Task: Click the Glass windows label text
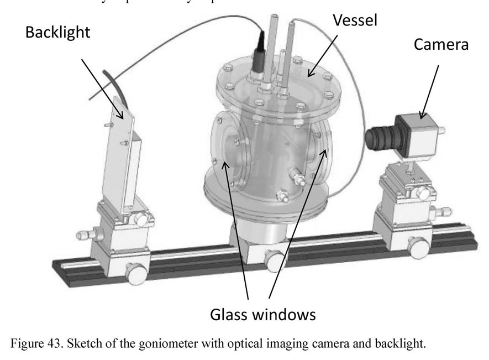262,315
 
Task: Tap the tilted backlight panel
124,149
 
